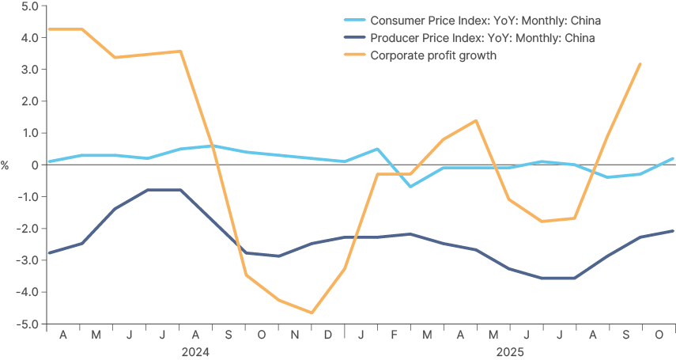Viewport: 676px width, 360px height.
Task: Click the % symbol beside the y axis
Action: [5, 165]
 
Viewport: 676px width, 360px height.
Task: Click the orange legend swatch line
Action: [353, 55]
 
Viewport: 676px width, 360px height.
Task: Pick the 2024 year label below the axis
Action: [195, 351]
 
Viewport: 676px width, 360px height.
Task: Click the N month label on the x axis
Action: [295, 335]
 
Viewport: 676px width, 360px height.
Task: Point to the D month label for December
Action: [328, 335]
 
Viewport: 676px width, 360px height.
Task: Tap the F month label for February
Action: [394, 335]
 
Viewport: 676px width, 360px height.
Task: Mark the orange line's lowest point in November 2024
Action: [312, 313]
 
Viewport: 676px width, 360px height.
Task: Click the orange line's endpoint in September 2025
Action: [640, 64]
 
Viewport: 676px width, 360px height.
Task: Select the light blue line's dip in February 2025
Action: [410, 186]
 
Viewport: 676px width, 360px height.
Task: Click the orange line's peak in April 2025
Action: [476, 121]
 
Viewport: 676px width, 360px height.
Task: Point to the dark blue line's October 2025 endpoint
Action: [673, 231]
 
